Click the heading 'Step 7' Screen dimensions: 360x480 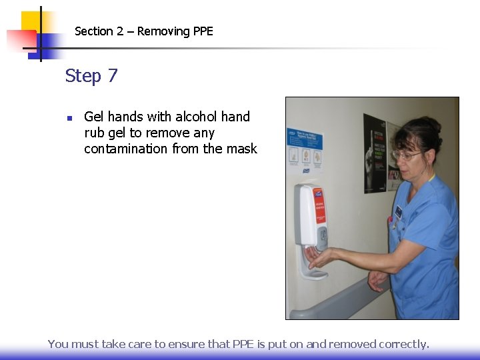[x=91, y=76]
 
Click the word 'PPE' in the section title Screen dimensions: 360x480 [x=202, y=31]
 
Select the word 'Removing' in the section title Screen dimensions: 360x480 [x=163, y=31]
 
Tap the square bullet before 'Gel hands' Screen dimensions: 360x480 [x=69, y=119]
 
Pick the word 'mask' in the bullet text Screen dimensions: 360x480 [x=241, y=149]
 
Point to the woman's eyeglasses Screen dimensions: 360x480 [x=406, y=155]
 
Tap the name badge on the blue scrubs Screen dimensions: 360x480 [x=399, y=212]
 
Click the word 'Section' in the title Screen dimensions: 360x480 [x=94, y=31]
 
